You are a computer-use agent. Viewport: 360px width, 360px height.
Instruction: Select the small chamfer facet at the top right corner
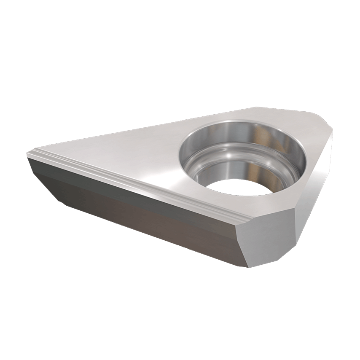324,119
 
